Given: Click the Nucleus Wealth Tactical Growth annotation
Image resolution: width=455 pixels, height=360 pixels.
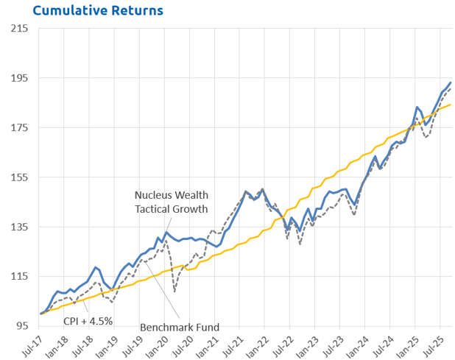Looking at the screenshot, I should point(172,201).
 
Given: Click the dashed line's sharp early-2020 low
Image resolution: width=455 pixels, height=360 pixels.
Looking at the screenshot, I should point(174,292).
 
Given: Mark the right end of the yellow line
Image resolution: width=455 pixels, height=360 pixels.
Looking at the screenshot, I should point(451,105).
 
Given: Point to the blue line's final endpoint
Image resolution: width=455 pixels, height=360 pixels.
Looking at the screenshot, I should point(451,82).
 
